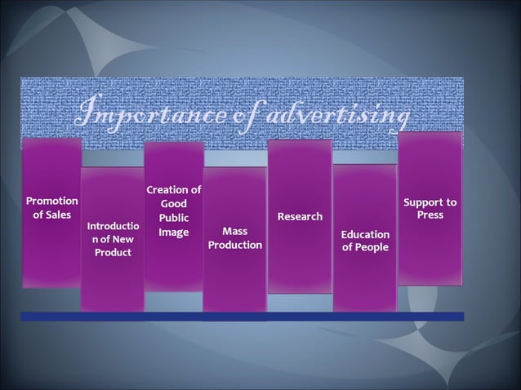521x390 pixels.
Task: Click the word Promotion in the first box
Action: coord(52,201)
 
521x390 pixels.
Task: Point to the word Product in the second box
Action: coord(113,253)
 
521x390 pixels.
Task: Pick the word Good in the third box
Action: coord(173,204)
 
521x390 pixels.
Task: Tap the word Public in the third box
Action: coord(173,219)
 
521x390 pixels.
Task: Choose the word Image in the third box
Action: coord(173,233)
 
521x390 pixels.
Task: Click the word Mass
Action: coord(234,231)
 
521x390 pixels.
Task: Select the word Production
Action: coord(235,246)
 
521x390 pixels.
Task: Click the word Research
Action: coord(300,217)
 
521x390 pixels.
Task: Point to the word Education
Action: coord(365,235)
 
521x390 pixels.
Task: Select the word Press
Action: coord(430,215)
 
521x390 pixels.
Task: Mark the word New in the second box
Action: coord(122,239)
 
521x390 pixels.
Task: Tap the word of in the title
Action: coord(231,116)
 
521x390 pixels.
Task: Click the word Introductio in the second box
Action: coord(113,225)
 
